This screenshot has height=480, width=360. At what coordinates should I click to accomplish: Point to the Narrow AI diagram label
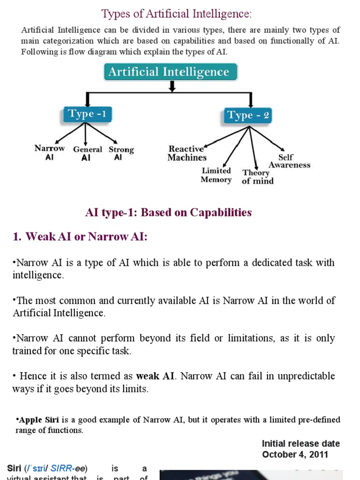[50, 153]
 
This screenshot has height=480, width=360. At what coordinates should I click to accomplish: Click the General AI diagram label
[87, 154]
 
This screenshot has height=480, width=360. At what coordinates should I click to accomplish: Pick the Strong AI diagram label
[121, 154]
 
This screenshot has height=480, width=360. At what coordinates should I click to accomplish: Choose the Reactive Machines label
[187, 153]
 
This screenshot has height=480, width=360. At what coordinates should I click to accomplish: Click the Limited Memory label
[216, 175]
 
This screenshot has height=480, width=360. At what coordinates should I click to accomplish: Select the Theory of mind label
[257, 177]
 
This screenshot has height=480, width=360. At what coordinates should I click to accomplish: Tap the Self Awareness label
[289, 161]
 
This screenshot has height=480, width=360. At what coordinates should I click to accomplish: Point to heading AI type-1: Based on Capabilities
[168, 212]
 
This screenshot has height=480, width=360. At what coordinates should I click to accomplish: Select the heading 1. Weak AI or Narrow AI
[80, 237]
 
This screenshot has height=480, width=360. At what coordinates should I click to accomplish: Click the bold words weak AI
[155, 376]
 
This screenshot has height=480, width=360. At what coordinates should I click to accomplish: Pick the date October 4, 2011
[295, 454]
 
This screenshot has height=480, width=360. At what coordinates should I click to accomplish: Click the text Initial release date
[300, 443]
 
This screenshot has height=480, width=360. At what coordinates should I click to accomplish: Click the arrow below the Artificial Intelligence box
[172, 86]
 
